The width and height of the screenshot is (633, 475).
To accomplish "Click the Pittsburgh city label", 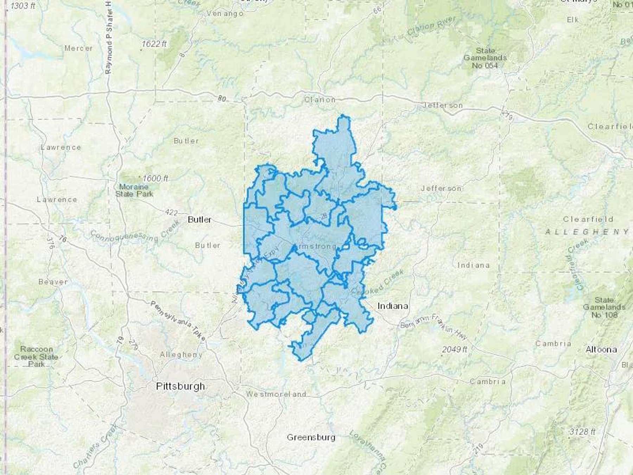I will [x=180, y=386].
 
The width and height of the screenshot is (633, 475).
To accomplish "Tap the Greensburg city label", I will [x=311, y=437].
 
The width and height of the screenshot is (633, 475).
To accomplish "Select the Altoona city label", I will [x=601, y=349].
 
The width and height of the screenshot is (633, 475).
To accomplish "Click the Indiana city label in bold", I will [x=392, y=306].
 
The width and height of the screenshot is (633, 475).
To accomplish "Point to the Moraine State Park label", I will [x=134, y=190].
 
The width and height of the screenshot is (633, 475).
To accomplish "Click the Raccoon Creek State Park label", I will [x=36, y=356].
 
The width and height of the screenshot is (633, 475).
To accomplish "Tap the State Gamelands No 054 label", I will [x=485, y=58].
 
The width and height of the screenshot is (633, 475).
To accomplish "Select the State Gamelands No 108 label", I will [x=604, y=307].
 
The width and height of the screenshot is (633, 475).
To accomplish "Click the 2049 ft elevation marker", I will [x=455, y=349].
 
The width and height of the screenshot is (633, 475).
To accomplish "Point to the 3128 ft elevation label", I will [x=583, y=431].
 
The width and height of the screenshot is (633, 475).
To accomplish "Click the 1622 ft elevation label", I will [x=154, y=44].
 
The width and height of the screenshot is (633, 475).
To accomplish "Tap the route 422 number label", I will [x=171, y=212].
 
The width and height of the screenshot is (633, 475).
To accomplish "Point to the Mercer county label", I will [x=78, y=48].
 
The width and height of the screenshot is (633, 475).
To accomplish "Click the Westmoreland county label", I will [x=276, y=394].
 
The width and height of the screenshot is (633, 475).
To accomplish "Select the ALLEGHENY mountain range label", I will [x=587, y=232].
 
